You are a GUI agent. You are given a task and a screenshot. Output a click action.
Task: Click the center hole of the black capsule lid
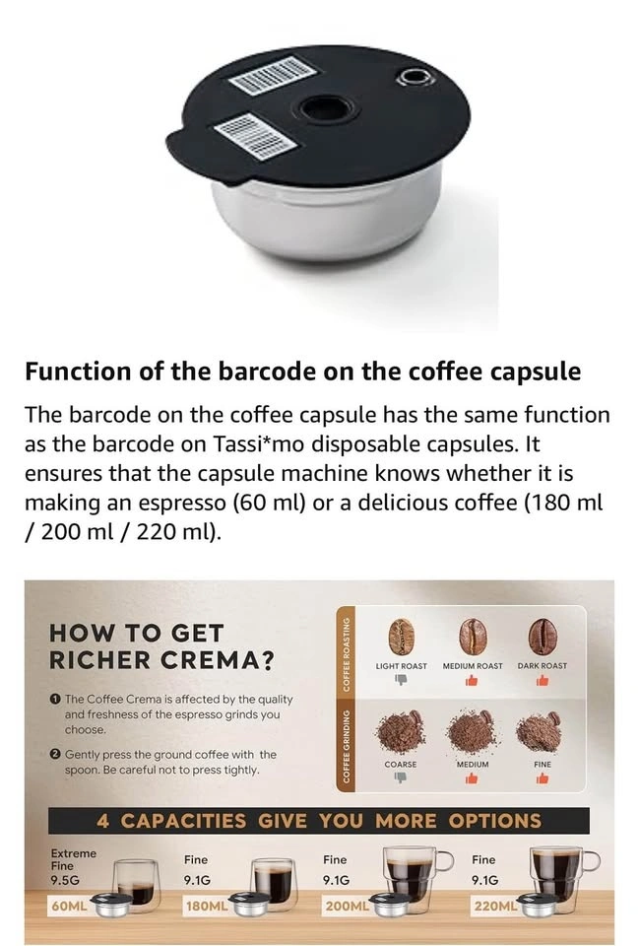pyautogui.click(x=327, y=109)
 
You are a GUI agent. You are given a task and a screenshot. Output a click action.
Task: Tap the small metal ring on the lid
pyautogui.click(x=415, y=77)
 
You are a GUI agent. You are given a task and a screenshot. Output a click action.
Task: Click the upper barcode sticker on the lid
pyautogui.click(x=273, y=75)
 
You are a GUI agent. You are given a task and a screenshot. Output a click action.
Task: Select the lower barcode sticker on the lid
pyautogui.click(x=255, y=136)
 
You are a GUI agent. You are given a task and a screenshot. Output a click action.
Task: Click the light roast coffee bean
pyautogui.click(x=401, y=637)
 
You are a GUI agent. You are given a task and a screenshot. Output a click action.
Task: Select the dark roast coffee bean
pyautogui.click(x=543, y=636)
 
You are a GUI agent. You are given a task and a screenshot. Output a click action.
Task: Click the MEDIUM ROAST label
pyautogui.click(x=473, y=666)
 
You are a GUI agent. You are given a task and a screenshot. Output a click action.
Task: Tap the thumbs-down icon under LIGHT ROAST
pyautogui.click(x=402, y=680)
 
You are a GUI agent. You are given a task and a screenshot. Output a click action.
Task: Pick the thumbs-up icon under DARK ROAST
pyautogui.click(x=543, y=681)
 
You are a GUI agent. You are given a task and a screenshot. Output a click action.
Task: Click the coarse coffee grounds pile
pyautogui.click(x=400, y=731)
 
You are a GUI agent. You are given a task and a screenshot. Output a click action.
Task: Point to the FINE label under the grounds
pyautogui.click(x=543, y=765)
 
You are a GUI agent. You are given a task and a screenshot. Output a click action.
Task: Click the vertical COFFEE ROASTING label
pyautogui.click(x=347, y=653)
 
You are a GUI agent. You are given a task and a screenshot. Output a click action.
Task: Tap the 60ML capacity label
pyautogui.click(x=69, y=907)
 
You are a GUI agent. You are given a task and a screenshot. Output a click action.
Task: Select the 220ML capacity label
pyautogui.click(x=496, y=907)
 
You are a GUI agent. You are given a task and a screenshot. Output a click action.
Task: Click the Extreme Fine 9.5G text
pyautogui.click(x=73, y=866)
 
